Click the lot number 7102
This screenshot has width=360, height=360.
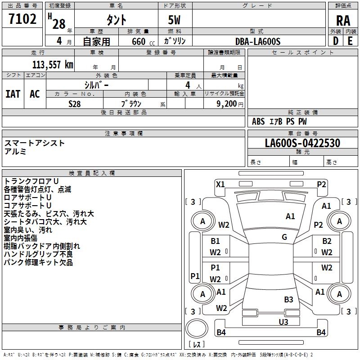click(22, 19)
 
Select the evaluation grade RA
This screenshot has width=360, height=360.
click(343, 21)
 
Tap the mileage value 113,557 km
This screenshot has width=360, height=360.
click(53, 65)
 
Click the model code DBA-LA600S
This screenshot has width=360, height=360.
click(258, 41)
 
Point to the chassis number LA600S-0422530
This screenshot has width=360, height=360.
click(302, 143)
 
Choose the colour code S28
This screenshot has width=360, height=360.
click(75, 104)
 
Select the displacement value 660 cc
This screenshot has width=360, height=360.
click(143, 41)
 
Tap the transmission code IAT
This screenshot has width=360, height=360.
click(13, 94)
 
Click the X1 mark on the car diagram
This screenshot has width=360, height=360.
click(220, 184)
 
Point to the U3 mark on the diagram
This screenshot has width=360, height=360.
click(283, 322)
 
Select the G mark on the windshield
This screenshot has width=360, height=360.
click(284, 237)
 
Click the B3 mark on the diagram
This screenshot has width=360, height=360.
click(288, 299)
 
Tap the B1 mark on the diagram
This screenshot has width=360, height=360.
click(215, 241)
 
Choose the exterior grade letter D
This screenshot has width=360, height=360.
click(336, 41)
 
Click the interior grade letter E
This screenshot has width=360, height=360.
click(350, 41)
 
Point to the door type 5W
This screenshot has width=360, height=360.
click(174, 20)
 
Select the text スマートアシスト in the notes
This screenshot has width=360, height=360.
click(35, 143)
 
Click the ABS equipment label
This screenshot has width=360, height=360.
click(258, 121)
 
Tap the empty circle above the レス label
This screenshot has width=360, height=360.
click(197, 328)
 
